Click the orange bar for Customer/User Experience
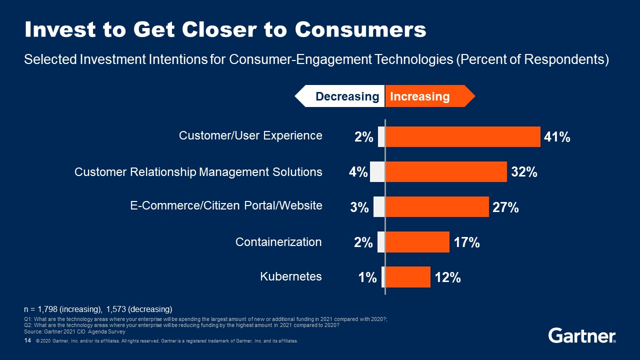463,137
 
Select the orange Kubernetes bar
408,277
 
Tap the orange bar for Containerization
417,242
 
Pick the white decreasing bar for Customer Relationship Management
377,172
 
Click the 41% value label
557,137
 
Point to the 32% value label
524,172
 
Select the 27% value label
505,207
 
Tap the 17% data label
467,242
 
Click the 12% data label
447,277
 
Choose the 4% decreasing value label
358,172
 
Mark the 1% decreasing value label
367,277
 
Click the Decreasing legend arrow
340,96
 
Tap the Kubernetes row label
291,276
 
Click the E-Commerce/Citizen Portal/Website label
226,205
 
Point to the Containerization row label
278,242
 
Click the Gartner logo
582,335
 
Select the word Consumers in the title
360,30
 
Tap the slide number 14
27,340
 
